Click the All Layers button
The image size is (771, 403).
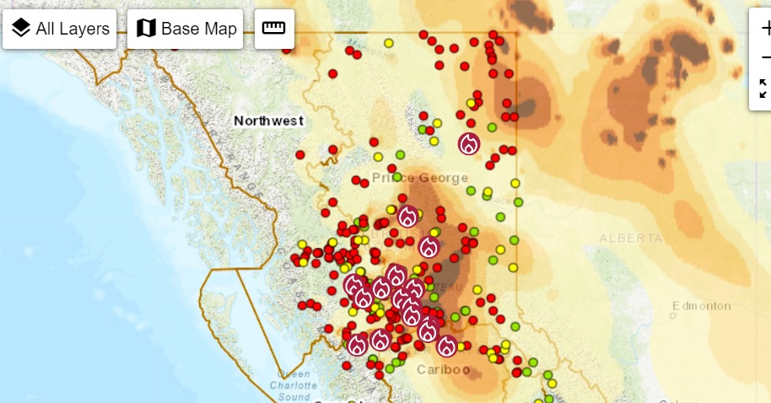62,29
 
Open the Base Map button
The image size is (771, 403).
186,29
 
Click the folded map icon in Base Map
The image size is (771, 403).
146,29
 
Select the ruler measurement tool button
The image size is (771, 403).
274,29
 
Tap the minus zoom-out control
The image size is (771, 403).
765,56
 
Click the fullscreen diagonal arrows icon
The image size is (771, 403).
764,89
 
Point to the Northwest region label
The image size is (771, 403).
268,121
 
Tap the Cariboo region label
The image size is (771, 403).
443,369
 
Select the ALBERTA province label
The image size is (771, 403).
632,239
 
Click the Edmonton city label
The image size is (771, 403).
702,305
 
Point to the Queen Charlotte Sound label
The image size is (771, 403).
294,385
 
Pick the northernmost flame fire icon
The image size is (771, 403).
469,144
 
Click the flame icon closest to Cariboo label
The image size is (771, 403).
446,346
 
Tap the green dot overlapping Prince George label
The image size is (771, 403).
397,177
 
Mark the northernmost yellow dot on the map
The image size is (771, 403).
389,43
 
